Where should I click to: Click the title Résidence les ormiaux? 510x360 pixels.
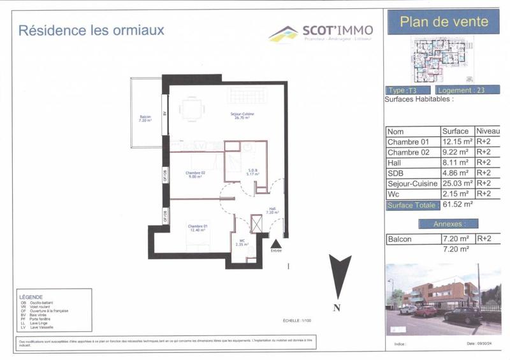click(x=91, y=30)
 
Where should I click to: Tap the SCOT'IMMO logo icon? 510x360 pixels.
click(x=283, y=33)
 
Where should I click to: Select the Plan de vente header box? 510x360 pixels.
click(x=444, y=22)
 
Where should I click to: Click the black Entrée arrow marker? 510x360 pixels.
click(x=276, y=244)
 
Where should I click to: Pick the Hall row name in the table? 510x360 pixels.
click(x=395, y=162)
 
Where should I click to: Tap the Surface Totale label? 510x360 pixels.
click(x=412, y=205)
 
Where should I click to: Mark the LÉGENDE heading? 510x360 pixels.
click(x=31, y=297)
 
